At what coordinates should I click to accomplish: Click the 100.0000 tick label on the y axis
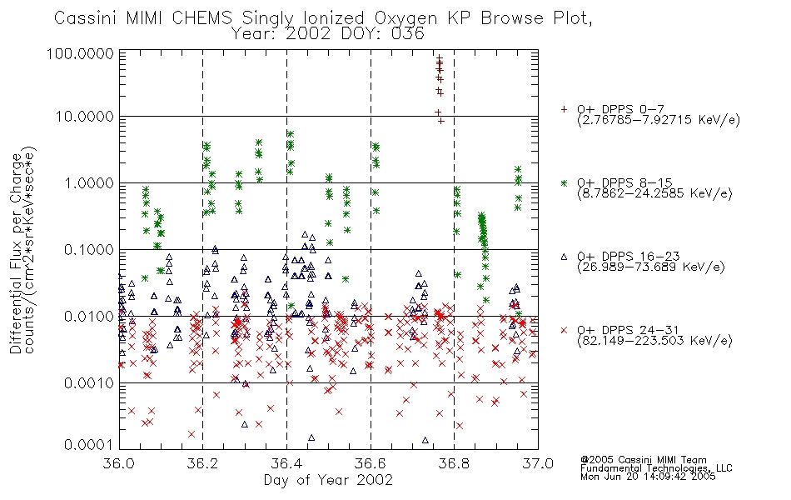tap(80, 53)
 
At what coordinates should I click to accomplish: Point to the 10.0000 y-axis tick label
tap(85, 117)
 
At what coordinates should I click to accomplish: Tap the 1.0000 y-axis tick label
tap(89, 182)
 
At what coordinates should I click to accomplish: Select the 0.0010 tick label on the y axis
tap(89, 383)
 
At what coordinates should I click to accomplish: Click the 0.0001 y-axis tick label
tap(89, 444)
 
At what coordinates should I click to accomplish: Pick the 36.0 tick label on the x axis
tap(119, 463)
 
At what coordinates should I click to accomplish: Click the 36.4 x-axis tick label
tap(286, 463)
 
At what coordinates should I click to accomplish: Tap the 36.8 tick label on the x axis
tap(454, 463)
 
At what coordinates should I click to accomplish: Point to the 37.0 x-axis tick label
tap(538, 463)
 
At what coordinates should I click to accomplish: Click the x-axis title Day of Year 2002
tap(328, 480)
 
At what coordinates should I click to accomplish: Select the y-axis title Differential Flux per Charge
tap(16, 253)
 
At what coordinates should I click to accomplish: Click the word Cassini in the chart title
tap(85, 18)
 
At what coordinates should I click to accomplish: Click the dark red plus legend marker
tap(564, 109)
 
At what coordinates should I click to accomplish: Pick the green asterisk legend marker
tap(564, 182)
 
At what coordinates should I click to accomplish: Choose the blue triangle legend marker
tap(564, 257)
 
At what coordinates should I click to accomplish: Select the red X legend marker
tap(564, 330)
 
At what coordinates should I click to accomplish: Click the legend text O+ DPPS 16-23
tap(629, 256)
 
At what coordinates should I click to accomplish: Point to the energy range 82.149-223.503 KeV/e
tap(654, 341)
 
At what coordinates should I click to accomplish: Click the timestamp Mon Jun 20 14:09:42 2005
tap(648, 477)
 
